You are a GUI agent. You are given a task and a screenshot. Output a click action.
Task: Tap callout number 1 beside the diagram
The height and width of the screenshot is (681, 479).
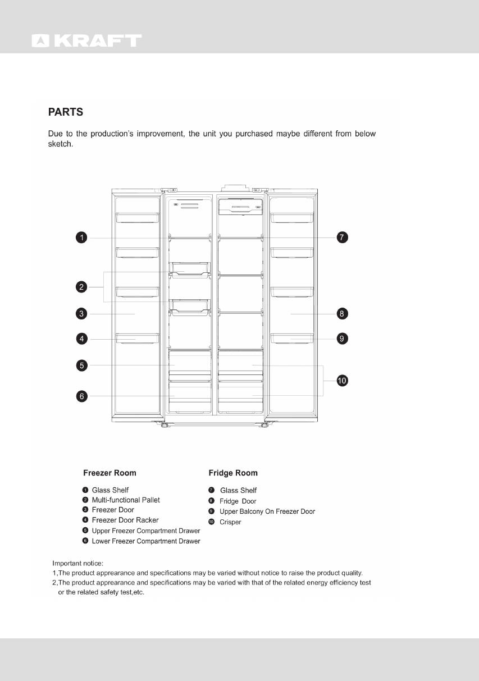coord(81,238)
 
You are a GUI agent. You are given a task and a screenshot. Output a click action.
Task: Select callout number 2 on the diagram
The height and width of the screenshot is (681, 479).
coord(81,287)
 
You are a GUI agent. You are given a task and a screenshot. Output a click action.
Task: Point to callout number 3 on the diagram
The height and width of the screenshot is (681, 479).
coord(81,314)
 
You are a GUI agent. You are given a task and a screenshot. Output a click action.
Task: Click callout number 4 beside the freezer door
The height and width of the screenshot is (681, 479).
coord(81,339)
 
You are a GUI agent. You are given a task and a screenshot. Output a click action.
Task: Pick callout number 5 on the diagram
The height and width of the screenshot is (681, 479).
coord(81,366)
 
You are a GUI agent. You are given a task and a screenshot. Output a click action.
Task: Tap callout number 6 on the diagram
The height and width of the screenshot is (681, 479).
coord(81,396)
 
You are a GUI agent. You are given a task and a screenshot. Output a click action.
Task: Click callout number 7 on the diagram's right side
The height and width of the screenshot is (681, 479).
coord(342,237)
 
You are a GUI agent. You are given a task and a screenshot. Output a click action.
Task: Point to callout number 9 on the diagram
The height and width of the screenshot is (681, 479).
coord(342,339)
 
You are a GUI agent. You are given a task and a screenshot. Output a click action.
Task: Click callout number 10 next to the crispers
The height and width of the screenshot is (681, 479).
coord(342,381)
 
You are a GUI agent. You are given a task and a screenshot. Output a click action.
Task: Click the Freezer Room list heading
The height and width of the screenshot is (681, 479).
coord(110,473)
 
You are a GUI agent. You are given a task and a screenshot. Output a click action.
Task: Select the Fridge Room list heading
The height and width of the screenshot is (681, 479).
coord(233,473)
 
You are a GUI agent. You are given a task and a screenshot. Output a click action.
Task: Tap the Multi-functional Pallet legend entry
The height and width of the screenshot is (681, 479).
coord(126,500)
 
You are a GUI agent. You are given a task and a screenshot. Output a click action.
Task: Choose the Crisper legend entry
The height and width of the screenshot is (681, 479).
coord(230,522)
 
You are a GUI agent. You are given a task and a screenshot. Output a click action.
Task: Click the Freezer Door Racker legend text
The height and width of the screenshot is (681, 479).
coord(125,520)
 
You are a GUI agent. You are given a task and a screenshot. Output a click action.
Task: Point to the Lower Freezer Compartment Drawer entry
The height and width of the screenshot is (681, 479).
coord(146,541)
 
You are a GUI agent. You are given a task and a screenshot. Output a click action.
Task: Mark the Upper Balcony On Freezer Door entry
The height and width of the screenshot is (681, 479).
coord(267,511)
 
